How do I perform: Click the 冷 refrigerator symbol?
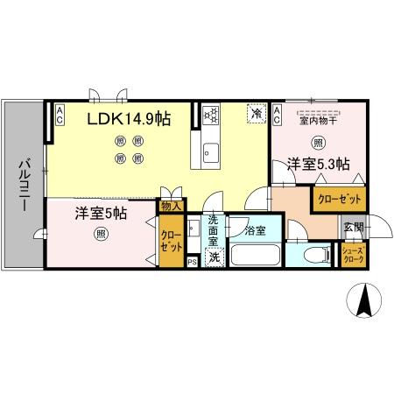[256, 113]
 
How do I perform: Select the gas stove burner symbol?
[210, 114]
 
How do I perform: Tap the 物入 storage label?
[172, 208]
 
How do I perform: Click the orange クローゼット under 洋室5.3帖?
[337, 199]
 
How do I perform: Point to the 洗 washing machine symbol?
[214, 257]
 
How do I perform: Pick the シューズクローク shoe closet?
[354, 257]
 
